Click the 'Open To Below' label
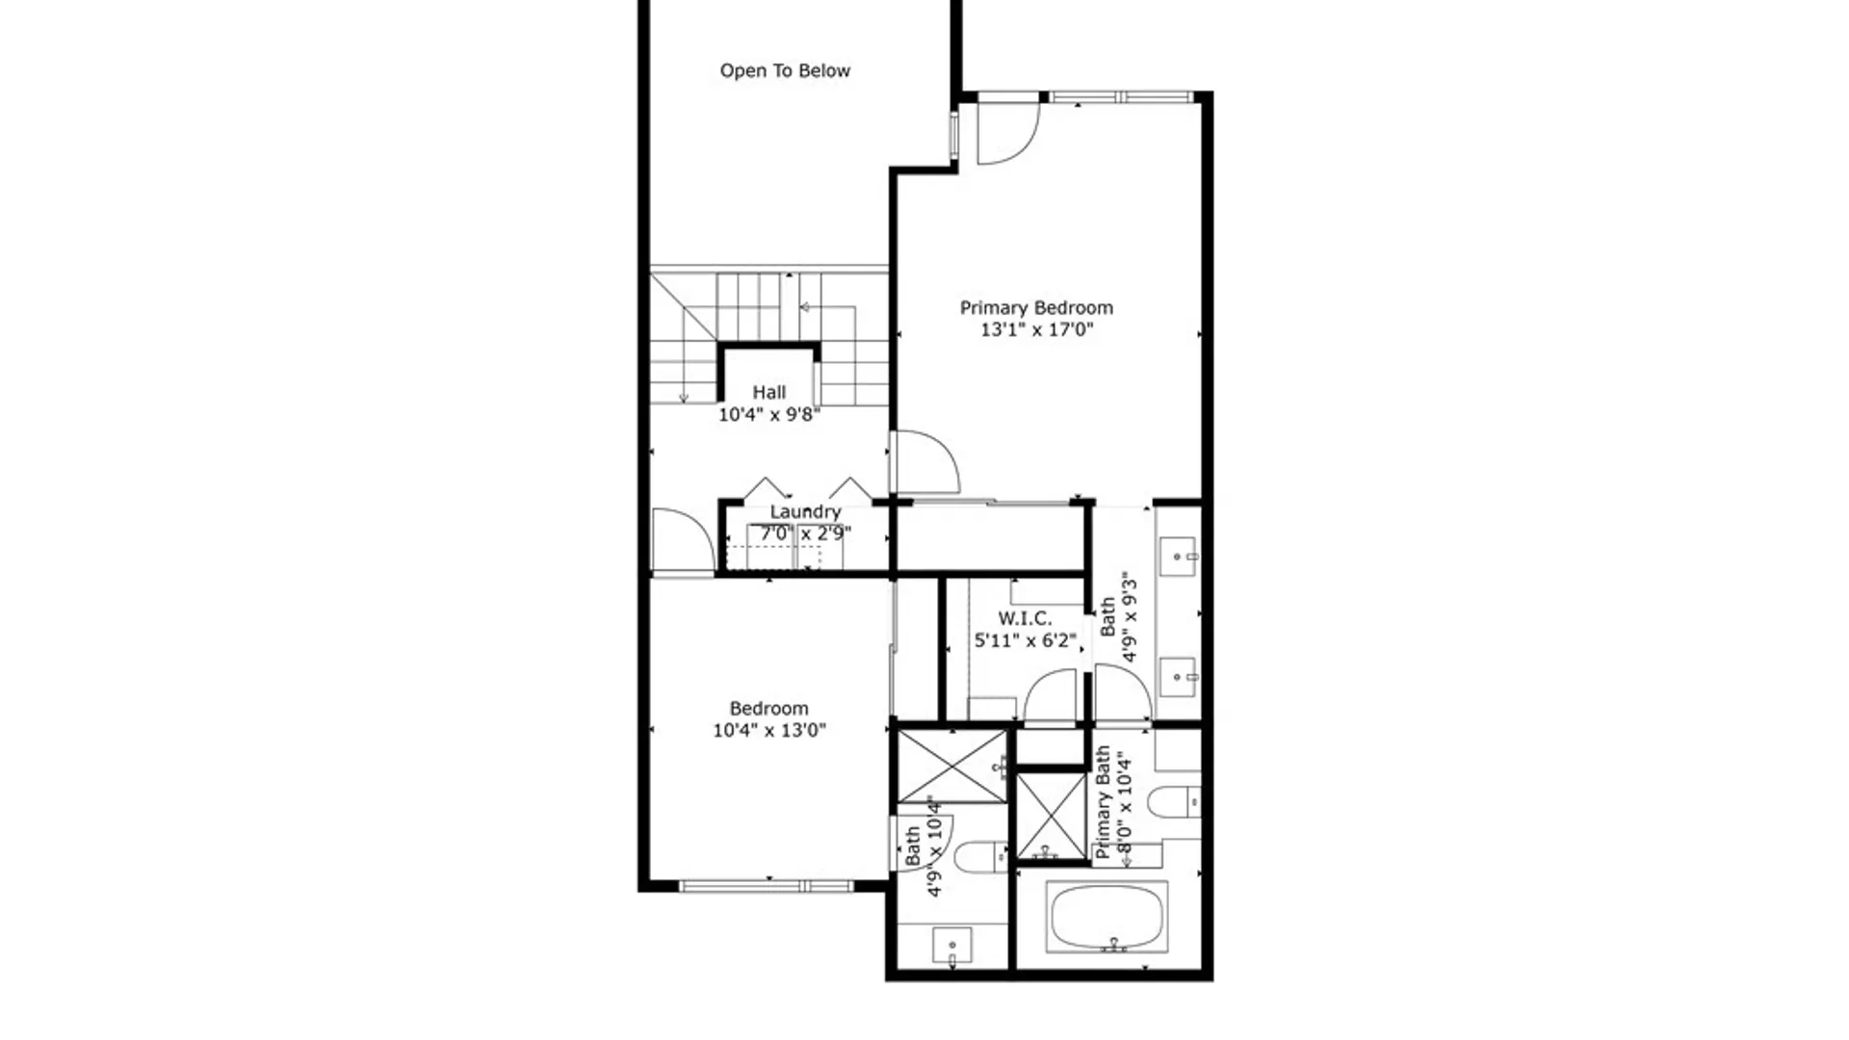tap(785, 70)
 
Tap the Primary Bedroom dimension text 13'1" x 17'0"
tap(1036, 329)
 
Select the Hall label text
tap(768, 392)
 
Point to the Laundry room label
tap(805, 511)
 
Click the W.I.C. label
tap(1024, 618)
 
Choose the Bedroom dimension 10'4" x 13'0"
tap(768, 730)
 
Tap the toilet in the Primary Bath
tap(1174, 801)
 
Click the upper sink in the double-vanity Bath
tap(1177, 557)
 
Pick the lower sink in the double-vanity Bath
tap(1177, 677)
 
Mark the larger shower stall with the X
tap(951, 767)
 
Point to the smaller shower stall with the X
tap(1051, 815)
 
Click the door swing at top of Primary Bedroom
tap(1007, 133)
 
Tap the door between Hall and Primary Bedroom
tap(924, 462)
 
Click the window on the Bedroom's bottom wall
tap(767, 886)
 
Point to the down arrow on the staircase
tap(684, 395)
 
